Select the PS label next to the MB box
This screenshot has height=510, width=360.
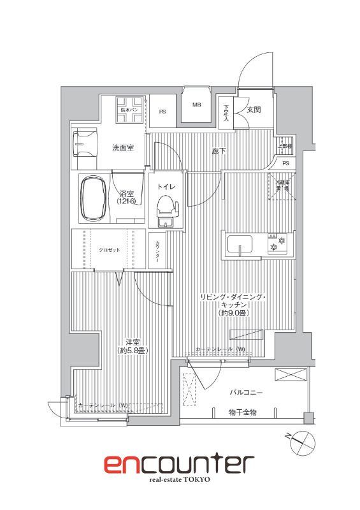tap(162, 112)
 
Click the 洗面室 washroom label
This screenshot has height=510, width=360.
tap(122, 148)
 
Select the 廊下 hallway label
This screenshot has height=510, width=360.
tap(218, 152)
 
